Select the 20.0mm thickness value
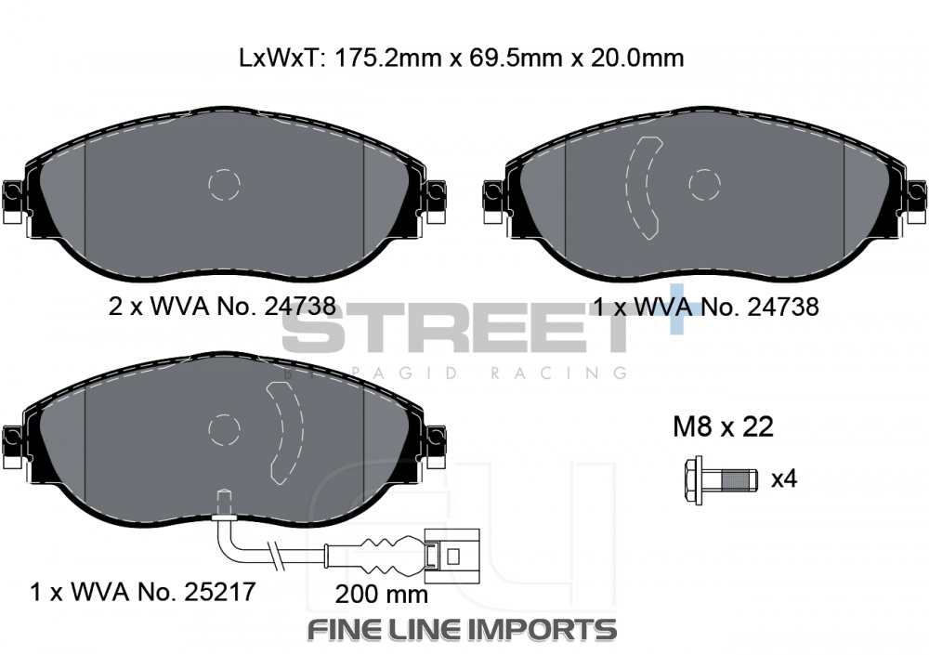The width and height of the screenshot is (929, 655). (x=638, y=59)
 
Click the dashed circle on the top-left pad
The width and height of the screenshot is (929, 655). (x=225, y=185)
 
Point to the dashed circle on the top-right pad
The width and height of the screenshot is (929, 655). (x=704, y=185)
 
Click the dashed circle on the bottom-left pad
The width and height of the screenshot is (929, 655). (x=225, y=430)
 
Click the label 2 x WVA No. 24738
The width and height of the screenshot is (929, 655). (x=222, y=307)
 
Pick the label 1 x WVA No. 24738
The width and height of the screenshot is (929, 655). (x=706, y=307)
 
